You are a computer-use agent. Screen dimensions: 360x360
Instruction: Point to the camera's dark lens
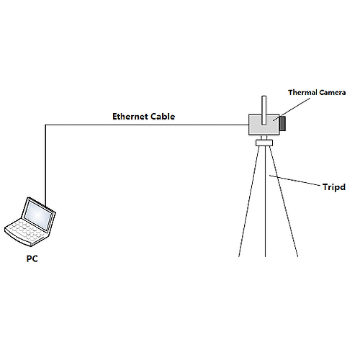pyautogui.click(x=283, y=123)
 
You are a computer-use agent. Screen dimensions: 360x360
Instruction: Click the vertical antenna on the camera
pyautogui.click(x=264, y=109)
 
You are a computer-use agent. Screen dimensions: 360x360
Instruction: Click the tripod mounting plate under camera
pyautogui.click(x=265, y=142)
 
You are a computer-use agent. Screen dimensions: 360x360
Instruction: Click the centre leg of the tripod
pyautogui.click(x=266, y=209)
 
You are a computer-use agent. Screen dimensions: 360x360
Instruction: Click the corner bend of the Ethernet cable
pyautogui.click(x=45, y=125)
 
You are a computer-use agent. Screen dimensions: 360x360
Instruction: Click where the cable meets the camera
pyautogui.click(x=248, y=125)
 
